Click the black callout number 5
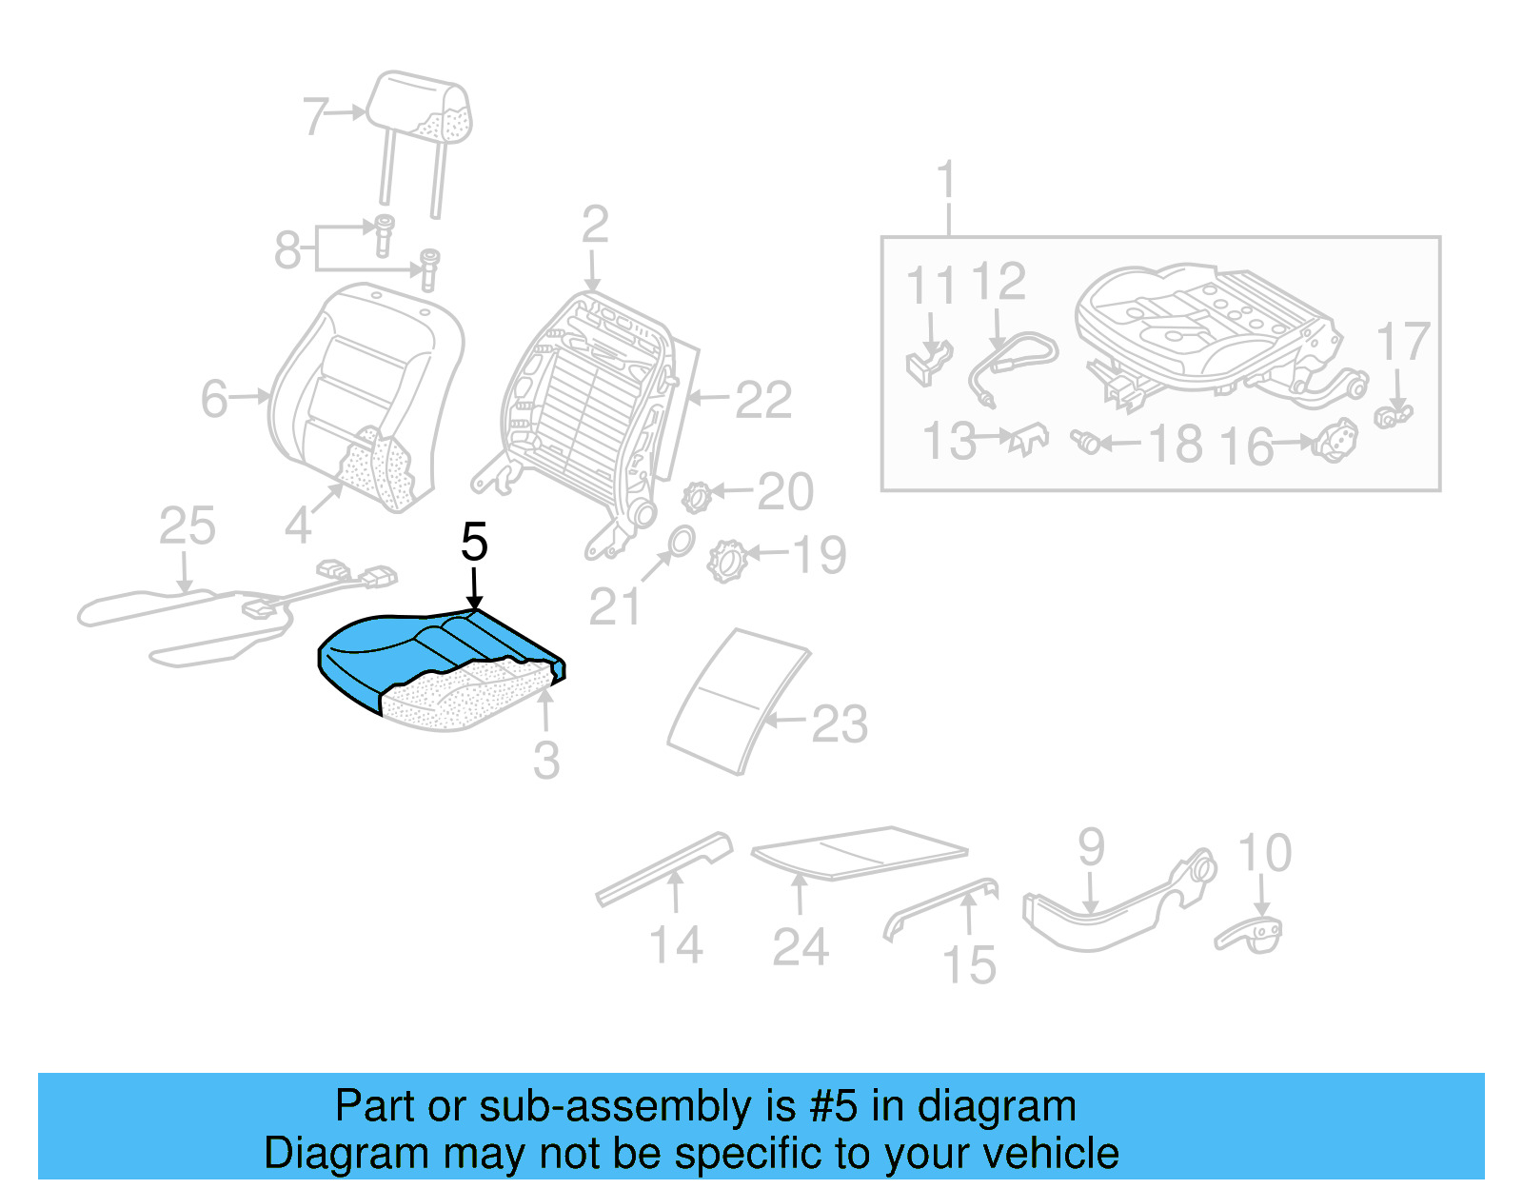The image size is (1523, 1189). point(474,543)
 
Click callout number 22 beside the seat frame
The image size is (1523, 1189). point(762,400)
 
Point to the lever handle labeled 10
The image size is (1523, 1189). point(1251,936)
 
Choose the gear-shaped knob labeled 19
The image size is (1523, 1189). point(727,560)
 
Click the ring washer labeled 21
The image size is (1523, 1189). point(680,541)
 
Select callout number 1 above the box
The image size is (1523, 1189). point(945,181)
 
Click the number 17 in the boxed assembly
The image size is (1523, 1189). point(1403,343)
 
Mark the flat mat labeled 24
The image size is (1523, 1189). point(857,851)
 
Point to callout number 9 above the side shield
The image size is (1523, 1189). point(1091,847)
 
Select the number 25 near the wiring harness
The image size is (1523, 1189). point(187,526)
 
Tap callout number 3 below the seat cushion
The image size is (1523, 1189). point(545,761)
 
